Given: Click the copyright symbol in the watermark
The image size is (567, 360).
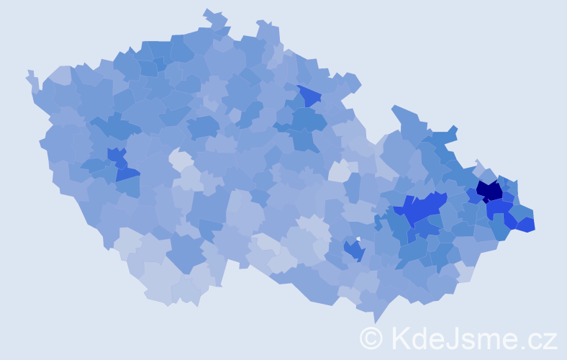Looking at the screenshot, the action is (371, 337).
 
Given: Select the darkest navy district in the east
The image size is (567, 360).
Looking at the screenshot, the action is (489, 191).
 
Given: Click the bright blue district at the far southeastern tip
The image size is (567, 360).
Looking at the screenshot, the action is (525, 224).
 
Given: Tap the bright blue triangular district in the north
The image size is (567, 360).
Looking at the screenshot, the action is (309, 95).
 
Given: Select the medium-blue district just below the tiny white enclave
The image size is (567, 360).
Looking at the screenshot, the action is (353, 250).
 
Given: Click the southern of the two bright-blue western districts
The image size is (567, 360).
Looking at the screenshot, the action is (127, 174).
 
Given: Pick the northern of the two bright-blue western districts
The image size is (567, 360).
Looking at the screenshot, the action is (116, 154).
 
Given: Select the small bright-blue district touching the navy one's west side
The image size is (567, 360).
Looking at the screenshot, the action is (472, 194).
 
